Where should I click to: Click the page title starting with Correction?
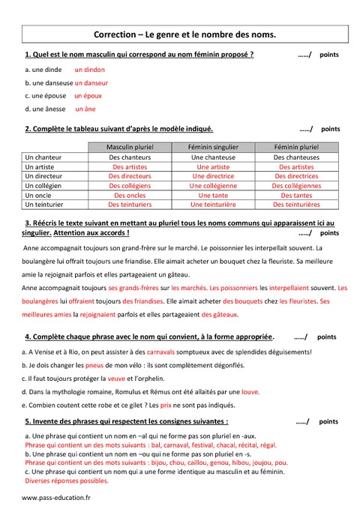point(184,34)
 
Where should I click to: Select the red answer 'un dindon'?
point(90,70)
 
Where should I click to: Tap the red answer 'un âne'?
point(85,109)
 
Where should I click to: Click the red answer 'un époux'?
point(88,96)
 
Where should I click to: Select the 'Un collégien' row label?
point(43,185)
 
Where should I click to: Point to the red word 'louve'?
point(250,391)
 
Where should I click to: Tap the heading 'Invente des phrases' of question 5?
point(127,422)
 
